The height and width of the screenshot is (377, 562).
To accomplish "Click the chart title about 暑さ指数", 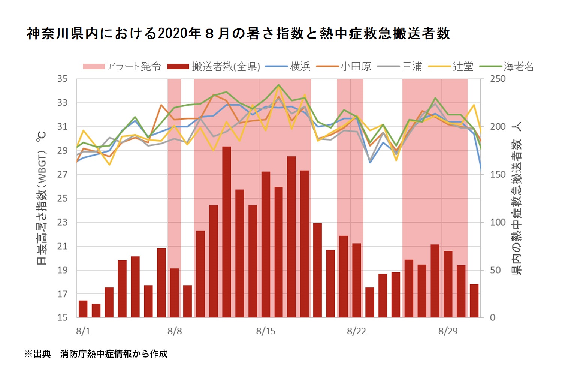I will (x=238, y=34).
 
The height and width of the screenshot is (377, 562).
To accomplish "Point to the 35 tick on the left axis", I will (x=62, y=79).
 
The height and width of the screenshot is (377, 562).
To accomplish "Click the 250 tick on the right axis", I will (x=498, y=79).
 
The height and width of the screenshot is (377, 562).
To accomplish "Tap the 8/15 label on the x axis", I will (x=266, y=331).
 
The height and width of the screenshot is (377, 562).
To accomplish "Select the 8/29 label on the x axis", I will (x=448, y=331).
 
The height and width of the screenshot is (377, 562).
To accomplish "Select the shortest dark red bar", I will (x=96, y=311).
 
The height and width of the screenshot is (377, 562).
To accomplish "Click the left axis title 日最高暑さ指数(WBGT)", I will (x=42, y=198).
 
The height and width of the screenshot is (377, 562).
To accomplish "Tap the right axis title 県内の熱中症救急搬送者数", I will (x=517, y=199).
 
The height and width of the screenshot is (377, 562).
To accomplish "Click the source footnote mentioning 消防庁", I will (x=96, y=354).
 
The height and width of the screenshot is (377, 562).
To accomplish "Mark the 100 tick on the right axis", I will (x=498, y=222).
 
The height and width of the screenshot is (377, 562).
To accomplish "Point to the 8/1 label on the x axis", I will (x=83, y=331).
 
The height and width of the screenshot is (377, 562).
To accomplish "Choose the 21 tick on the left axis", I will (x=62, y=246).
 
